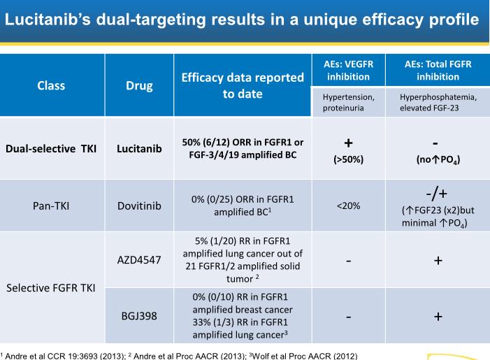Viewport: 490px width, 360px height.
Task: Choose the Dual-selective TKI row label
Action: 52,148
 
